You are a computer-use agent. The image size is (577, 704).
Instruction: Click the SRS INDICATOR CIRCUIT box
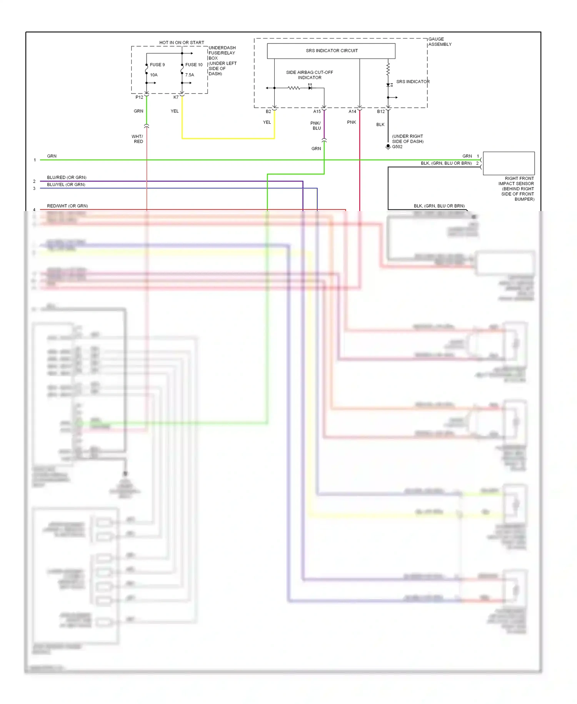331,51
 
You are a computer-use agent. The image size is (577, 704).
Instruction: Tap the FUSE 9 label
157,65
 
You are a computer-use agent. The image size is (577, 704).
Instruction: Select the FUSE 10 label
193,65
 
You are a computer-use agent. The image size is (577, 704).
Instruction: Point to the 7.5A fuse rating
190,75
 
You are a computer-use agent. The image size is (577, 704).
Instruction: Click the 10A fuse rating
153,75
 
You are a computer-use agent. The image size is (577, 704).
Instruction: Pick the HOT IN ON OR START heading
182,42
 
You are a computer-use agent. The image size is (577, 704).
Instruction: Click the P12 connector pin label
139,97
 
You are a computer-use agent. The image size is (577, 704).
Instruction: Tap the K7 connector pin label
176,97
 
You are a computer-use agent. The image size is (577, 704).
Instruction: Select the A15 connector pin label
317,112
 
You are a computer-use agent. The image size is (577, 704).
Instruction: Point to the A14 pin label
352,112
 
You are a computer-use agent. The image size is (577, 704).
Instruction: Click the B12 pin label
380,112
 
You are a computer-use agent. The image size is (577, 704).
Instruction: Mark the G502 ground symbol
388,146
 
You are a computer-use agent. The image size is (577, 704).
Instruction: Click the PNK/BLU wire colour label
316,126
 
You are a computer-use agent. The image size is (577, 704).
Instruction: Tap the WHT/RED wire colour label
137,139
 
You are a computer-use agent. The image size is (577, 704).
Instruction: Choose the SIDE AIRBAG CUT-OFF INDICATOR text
309,75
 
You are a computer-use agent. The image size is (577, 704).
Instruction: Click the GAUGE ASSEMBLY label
440,42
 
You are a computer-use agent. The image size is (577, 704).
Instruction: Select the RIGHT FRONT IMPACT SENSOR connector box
509,163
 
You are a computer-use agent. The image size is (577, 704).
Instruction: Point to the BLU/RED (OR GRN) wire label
67,178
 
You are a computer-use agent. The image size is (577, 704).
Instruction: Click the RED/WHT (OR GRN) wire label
67,206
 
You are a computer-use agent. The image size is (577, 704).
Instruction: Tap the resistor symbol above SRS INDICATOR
388,69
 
